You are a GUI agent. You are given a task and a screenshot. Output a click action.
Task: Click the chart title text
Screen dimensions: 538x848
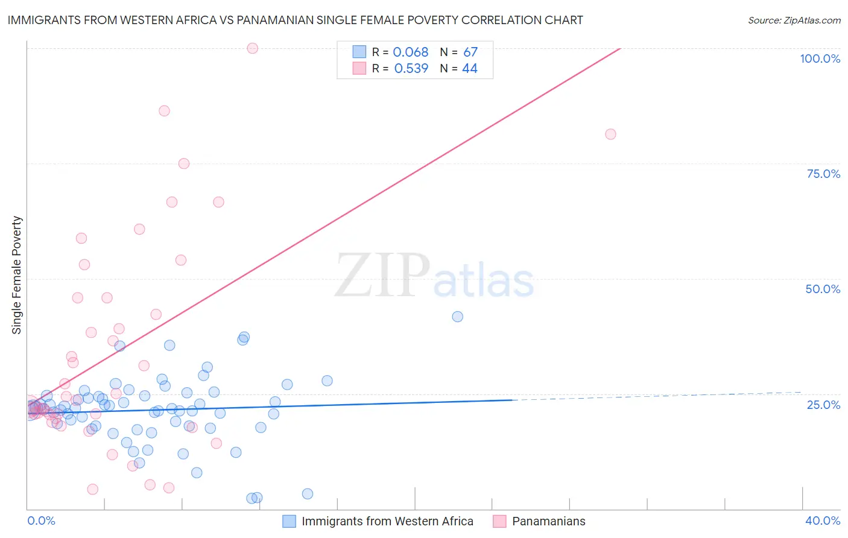click(295, 20)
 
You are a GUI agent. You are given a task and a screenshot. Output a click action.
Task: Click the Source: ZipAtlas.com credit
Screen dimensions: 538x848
click(794, 21)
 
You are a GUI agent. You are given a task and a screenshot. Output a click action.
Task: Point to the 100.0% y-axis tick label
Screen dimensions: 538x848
click(820, 59)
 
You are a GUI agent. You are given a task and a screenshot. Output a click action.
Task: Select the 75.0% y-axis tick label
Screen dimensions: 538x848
click(823, 174)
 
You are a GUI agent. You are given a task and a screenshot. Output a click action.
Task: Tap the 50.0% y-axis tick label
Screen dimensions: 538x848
click(823, 289)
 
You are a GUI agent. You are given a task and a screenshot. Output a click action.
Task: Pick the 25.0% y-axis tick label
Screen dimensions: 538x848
click(823, 405)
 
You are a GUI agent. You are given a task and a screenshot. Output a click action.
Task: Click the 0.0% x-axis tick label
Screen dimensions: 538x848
click(41, 521)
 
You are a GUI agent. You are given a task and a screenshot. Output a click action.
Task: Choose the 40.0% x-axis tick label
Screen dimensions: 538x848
click(823, 521)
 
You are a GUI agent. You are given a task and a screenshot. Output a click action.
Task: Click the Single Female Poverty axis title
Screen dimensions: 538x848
click(17, 275)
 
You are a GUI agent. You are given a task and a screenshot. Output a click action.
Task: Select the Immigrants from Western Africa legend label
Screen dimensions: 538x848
click(387, 521)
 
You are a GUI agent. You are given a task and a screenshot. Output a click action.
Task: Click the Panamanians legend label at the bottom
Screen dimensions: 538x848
click(548, 521)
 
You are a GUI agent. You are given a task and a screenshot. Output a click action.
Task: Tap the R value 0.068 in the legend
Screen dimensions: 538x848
click(410, 52)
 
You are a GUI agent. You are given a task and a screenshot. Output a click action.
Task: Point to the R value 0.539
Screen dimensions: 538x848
click(411, 69)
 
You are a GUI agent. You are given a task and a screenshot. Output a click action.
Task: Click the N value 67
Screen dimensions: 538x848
click(470, 52)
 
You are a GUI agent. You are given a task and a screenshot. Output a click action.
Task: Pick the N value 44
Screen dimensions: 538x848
click(470, 69)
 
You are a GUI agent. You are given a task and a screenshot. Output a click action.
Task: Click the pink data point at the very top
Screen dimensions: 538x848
click(253, 48)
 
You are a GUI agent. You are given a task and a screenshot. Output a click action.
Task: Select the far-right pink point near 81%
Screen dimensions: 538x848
click(610, 134)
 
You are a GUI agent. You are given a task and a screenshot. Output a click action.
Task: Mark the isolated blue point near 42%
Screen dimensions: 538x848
click(458, 317)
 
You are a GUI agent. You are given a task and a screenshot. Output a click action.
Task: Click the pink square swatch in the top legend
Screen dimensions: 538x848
click(359, 68)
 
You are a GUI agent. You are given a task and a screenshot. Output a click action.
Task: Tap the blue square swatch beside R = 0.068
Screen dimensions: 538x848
click(359, 52)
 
